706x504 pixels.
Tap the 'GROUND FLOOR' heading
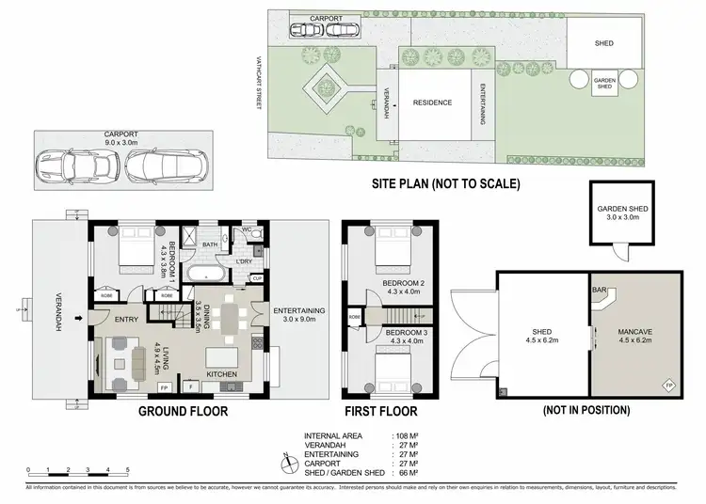tap(183, 411)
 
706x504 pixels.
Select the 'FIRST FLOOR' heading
tap(382, 411)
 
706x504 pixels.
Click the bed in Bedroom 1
tap(137, 252)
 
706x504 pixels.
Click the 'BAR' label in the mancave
tap(598, 291)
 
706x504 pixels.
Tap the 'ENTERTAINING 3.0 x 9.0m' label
tap(298, 316)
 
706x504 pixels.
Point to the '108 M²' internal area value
tap(407, 436)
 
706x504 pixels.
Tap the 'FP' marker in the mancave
tap(669, 386)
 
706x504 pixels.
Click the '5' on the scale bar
tap(127, 468)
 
